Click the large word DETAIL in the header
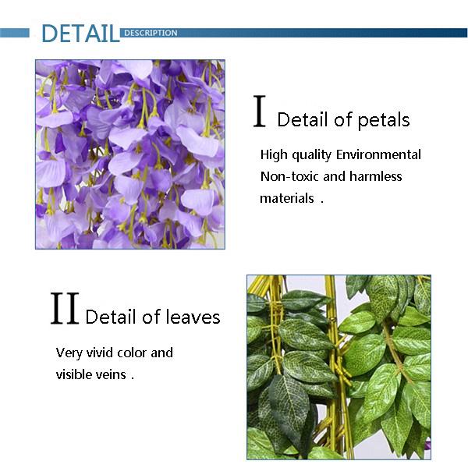(x=80, y=33)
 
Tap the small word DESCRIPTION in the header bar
(x=151, y=33)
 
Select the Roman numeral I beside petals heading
(x=260, y=111)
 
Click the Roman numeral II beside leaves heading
(x=65, y=308)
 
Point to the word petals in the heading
(x=383, y=120)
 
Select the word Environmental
(x=378, y=154)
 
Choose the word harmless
(x=376, y=176)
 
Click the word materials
(x=287, y=198)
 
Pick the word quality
(x=311, y=155)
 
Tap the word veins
(x=111, y=374)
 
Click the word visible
(x=74, y=374)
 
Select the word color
(x=132, y=353)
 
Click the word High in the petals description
(x=274, y=155)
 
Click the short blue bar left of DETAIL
(x=15, y=33)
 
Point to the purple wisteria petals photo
(x=130, y=154)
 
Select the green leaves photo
(x=339, y=367)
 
